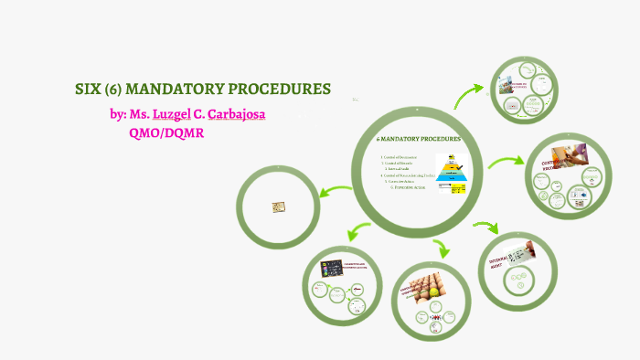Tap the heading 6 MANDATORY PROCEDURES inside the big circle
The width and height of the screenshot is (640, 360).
tap(419, 139)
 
